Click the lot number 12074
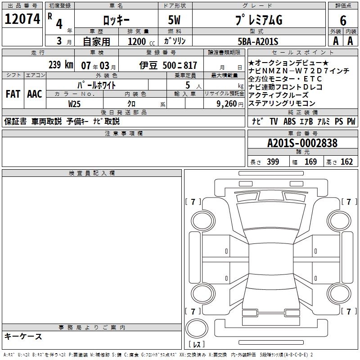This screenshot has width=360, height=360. click(22, 19)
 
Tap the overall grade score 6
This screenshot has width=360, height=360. click(343, 21)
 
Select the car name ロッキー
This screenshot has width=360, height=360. click(116, 20)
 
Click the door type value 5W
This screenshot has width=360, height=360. click(174, 20)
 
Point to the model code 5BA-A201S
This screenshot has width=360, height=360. click(258, 41)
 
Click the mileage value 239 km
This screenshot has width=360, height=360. click(61, 65)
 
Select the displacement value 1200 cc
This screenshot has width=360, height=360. click(141, 41)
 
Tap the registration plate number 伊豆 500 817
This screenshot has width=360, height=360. click(168, 65)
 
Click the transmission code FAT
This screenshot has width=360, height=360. click(13, 94)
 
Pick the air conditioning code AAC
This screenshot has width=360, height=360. click(35, 94)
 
